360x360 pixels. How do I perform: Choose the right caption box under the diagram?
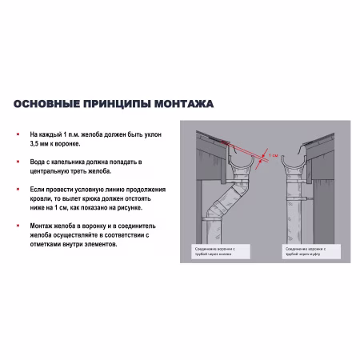point(305,250)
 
